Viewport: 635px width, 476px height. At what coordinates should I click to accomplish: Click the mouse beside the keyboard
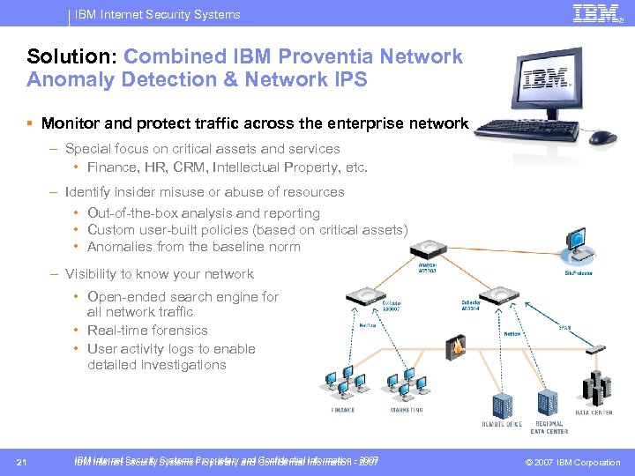(x=602, y=138)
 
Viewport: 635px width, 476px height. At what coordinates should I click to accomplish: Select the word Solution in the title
(x=68, y=56)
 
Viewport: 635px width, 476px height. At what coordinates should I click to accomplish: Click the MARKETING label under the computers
(x=407, y=410)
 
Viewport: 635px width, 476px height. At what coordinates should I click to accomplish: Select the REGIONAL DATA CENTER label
(x=549, y=427)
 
